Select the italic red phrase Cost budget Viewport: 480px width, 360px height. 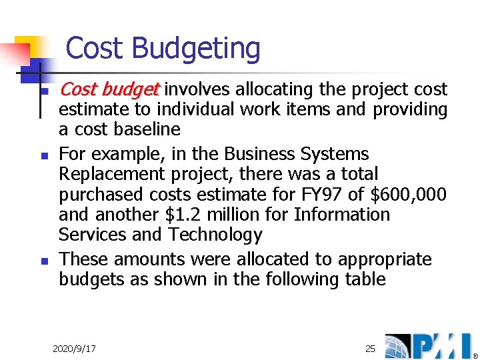110,89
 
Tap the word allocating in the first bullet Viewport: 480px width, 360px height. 275,89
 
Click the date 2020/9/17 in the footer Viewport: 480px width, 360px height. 74,349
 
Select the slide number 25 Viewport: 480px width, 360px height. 370,348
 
